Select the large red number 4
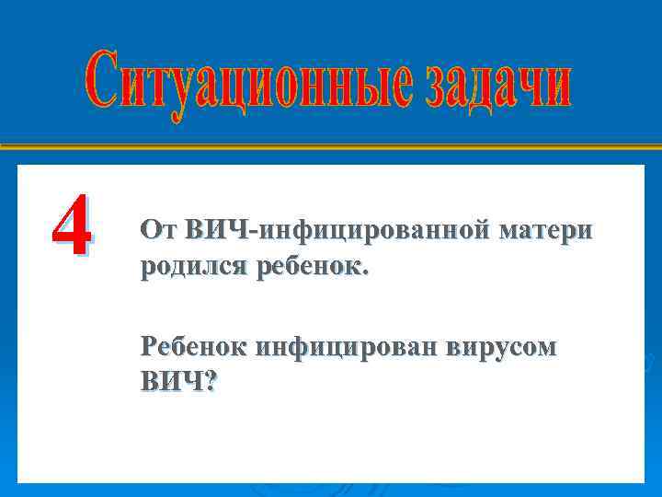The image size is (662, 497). point(70,225)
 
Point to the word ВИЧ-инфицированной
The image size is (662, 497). point(336,231)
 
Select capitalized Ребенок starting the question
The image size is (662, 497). point(195,347)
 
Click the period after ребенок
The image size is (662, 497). point(366,273)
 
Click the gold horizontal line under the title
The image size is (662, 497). point(331,146)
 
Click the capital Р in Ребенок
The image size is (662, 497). point(148,347)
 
